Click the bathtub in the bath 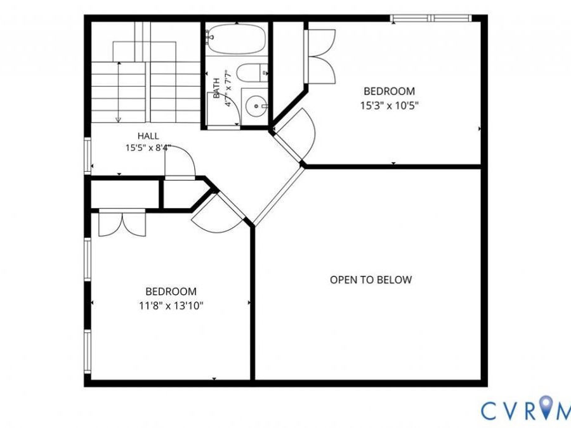tap(237, 39)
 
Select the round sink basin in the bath tap(256, 106)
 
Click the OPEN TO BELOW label tap(371, 280)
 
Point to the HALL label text tap(148, 136)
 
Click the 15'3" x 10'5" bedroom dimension tap(390, 106)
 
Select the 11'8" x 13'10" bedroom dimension tap(171, 306)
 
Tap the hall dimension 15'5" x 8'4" tap(148, 148)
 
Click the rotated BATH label tap(217, 88)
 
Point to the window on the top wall tap(431, 18)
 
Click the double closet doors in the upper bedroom tap(320, 56)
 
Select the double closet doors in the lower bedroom tap(122, 223)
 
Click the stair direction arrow tap(119, 93)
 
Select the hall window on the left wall tap(88, 155)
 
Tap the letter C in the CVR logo tap(490, 410)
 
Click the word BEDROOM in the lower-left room tap(171, 292)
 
